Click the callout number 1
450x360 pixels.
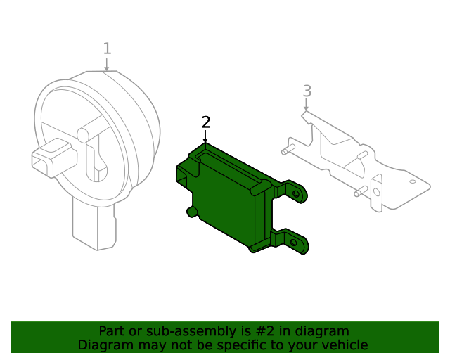point(107,49)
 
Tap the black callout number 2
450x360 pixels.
point(205,122)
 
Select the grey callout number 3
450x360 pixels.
point(307,91)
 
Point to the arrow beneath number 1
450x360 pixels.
point(106,65)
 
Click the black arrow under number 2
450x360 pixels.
point(205,138)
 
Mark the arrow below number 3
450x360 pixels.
point(307,105)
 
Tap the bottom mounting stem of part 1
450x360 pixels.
point(94,225)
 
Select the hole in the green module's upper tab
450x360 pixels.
point(297,191)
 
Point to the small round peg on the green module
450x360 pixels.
point(191,211)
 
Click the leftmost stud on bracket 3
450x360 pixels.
point(285,150)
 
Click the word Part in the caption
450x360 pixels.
point(112,331)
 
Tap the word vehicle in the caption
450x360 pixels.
point(344,345)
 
